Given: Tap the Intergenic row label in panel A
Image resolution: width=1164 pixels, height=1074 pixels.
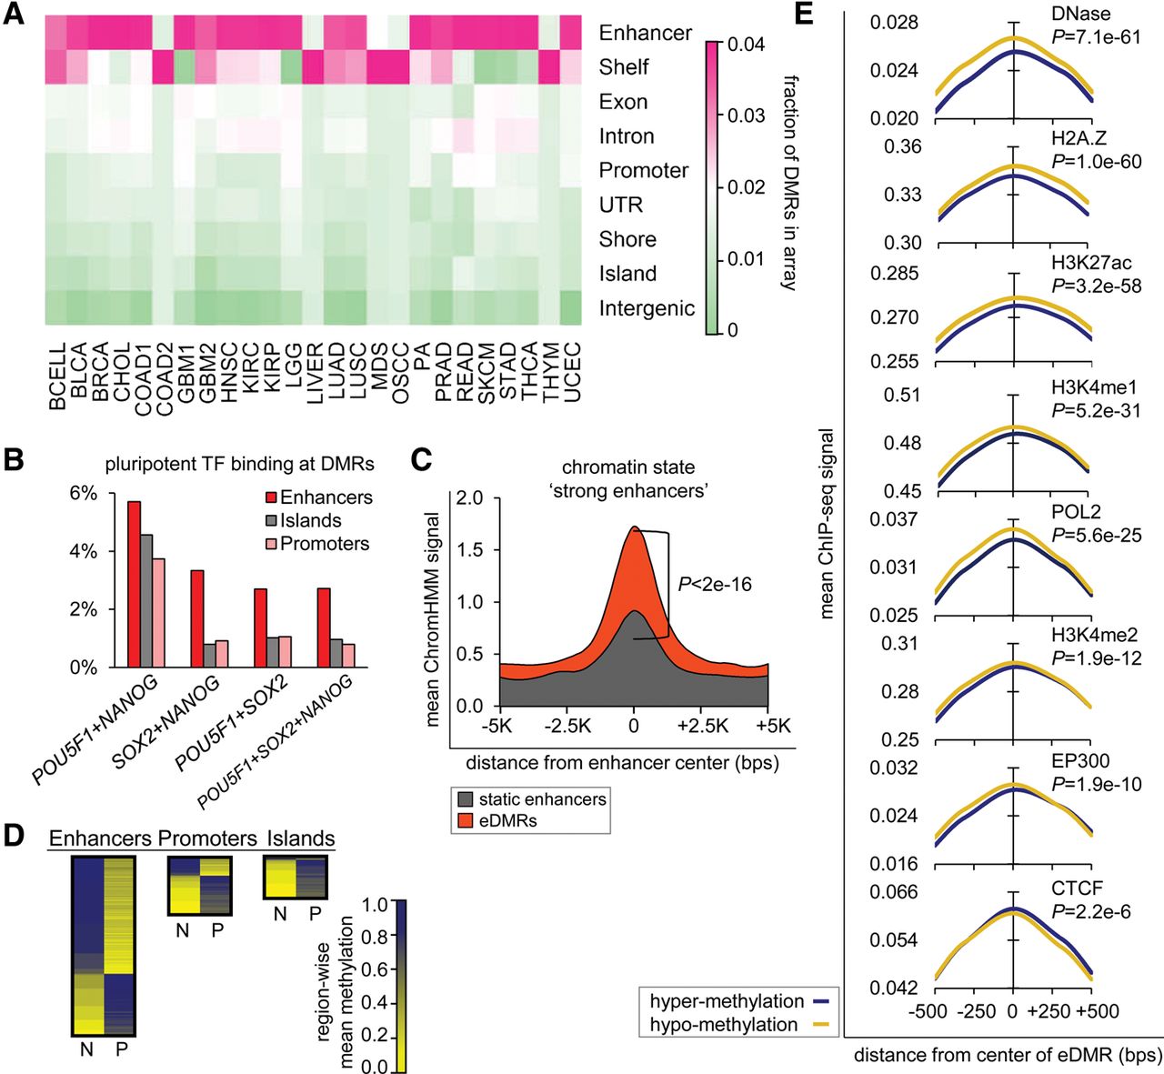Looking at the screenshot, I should pos(647,308).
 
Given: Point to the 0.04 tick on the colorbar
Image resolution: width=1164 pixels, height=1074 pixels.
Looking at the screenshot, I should pos(746,45).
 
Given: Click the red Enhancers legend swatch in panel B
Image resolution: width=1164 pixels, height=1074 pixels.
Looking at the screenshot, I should pos(271,497).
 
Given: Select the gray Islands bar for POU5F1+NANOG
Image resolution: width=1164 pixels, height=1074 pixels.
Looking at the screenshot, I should pos(146,601).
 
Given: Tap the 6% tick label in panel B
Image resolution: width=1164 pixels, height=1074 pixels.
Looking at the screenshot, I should pos(84,494).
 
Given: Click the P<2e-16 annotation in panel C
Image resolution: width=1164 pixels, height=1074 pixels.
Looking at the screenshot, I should pos(715,584).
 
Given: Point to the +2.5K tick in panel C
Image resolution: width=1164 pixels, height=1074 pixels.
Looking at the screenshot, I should pos(703,726).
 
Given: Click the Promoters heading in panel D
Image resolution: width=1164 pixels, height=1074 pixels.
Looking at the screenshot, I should pos(207,838).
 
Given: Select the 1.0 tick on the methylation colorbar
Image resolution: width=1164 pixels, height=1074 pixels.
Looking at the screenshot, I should pos(376,905).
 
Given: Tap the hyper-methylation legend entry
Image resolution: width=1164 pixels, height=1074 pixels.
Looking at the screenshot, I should pos(727,1001).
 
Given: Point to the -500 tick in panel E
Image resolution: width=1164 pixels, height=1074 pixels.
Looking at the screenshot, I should pos(928,1011).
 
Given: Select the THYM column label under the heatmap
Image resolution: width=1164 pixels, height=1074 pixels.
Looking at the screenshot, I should pos(551,373).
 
